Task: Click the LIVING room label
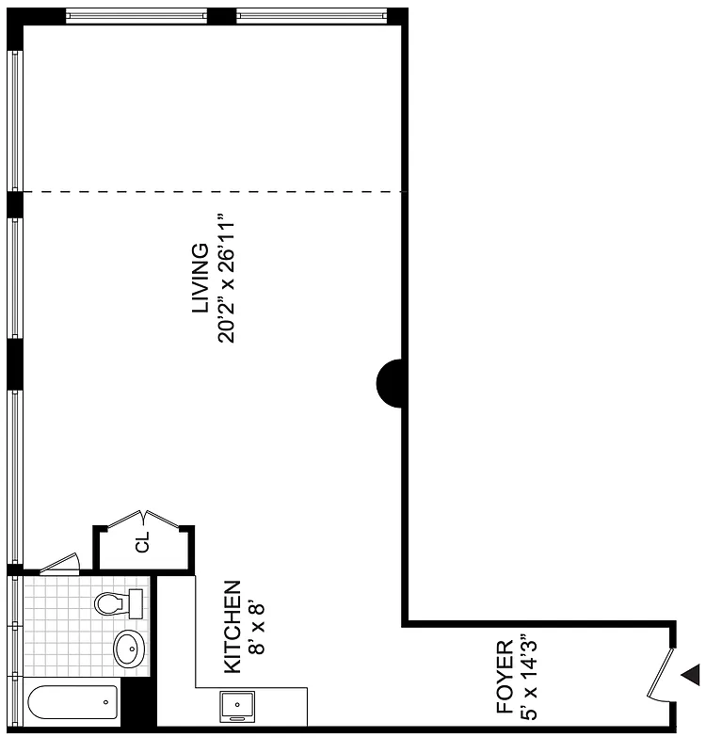point(200,279)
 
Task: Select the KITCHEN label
point(232,627)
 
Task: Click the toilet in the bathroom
point(119,601)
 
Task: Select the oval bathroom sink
point(129,649)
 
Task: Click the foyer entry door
point(663,674)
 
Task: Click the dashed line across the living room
point(213,192)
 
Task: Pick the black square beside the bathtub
point(138,703)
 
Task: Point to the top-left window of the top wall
point(136,15)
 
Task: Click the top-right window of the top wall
point(311,15)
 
